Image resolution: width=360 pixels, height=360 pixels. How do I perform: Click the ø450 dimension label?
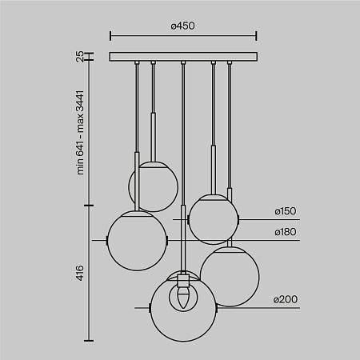tap(183, 26)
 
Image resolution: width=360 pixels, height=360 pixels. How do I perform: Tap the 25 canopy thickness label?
tap(80, 57)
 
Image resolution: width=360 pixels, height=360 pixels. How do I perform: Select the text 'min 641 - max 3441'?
tap(80, 132)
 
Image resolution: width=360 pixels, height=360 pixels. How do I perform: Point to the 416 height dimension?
tap(80, 274)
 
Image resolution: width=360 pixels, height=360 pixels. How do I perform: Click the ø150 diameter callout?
tap(285, 211)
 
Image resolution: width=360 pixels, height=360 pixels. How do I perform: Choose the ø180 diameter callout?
tap(285, 232)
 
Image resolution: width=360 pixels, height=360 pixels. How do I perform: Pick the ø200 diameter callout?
tap(285, 299)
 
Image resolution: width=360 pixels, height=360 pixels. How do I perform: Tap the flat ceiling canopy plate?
tap(183, 57)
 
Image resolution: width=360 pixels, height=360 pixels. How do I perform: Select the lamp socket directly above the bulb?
tap(183, 282)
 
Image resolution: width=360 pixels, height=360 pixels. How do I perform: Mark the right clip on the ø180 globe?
tap(166, 239)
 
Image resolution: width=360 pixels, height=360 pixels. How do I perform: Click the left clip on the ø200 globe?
tap(151, 307)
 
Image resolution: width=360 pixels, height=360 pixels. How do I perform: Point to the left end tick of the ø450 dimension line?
tap(110, 36)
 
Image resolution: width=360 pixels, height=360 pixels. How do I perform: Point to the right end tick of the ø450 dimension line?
tap(257, 36)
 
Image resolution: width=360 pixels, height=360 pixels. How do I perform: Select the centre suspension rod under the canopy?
tap(183, 160)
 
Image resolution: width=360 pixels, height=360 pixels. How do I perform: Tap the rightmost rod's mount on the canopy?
tap(229, 62)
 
